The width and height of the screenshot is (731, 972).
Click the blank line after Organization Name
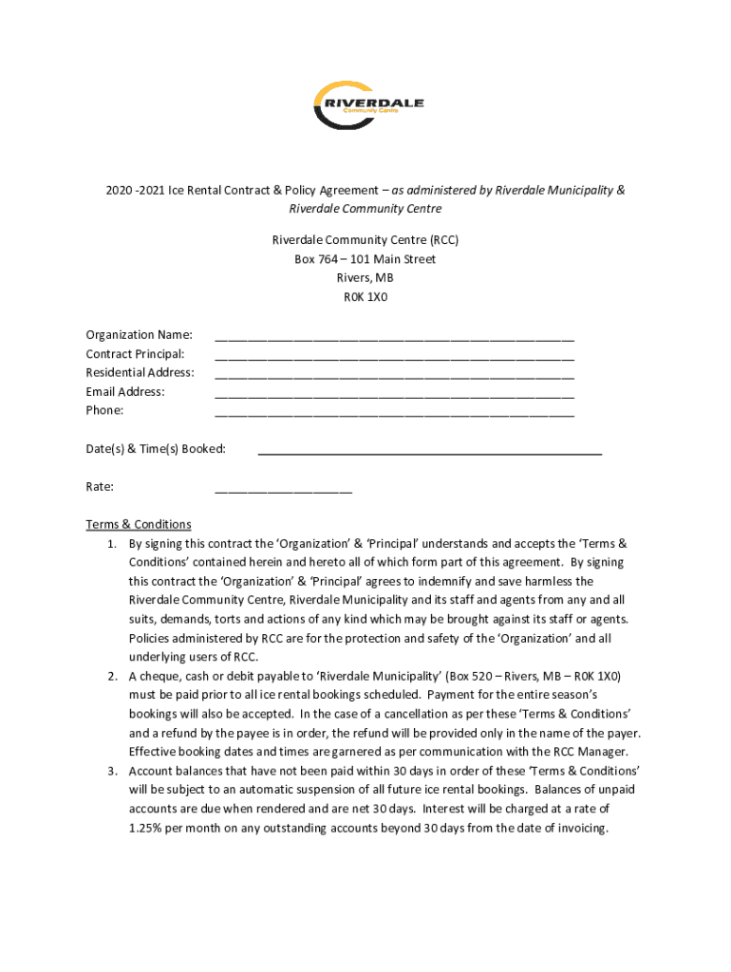coord(394,336)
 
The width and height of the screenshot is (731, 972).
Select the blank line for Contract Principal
coord(394,355)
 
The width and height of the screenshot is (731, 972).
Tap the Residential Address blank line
coord(394,374)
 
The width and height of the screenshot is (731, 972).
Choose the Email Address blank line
coord(394,393)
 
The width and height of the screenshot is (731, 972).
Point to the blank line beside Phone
coord(394,412)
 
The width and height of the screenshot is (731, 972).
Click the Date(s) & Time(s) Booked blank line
coord(429,452)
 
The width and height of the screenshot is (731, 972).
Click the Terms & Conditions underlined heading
coord(139,524)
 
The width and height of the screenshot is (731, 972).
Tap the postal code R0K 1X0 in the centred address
coord(365,297)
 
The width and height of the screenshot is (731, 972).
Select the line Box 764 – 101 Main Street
coord(365,259)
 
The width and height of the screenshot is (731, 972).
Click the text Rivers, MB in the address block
coord(365,278)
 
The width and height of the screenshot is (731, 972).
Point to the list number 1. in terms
coord(111,544)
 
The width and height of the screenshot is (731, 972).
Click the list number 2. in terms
coord(111,677)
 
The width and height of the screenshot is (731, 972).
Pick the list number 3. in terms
coord(111,771)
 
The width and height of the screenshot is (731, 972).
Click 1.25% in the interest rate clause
coord(147,828)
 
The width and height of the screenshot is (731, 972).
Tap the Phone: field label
coord(104,411)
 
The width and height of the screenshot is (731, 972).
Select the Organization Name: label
coord(139,335)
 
